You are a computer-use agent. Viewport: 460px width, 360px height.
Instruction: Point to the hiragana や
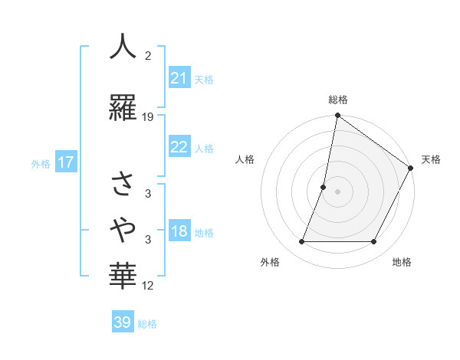[123, 228]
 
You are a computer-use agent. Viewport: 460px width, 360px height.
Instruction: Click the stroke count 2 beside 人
[148, 57]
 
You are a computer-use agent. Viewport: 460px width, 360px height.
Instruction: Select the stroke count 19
[148, 117]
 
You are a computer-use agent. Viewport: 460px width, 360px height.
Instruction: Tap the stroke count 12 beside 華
[148, 286]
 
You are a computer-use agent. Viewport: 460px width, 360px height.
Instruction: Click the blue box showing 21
[179, 78]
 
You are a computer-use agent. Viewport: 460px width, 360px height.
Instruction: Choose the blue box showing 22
[179, 147]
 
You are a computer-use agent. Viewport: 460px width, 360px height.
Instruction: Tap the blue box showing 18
[179, 232]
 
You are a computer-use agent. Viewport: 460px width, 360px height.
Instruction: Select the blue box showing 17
[65, 162]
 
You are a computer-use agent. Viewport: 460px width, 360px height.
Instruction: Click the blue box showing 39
[123, 322]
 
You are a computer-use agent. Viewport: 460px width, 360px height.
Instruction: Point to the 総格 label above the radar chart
[337, 100]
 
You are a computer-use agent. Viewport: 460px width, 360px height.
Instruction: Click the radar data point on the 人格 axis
[324, 187]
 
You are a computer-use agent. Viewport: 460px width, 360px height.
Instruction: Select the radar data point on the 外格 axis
[301, 242]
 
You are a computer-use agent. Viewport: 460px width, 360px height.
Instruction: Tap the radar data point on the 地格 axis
[374, 242]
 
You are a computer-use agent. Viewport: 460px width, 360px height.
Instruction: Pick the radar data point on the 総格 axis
[337, 116]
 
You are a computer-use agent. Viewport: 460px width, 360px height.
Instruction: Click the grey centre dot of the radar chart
[337, 191]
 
